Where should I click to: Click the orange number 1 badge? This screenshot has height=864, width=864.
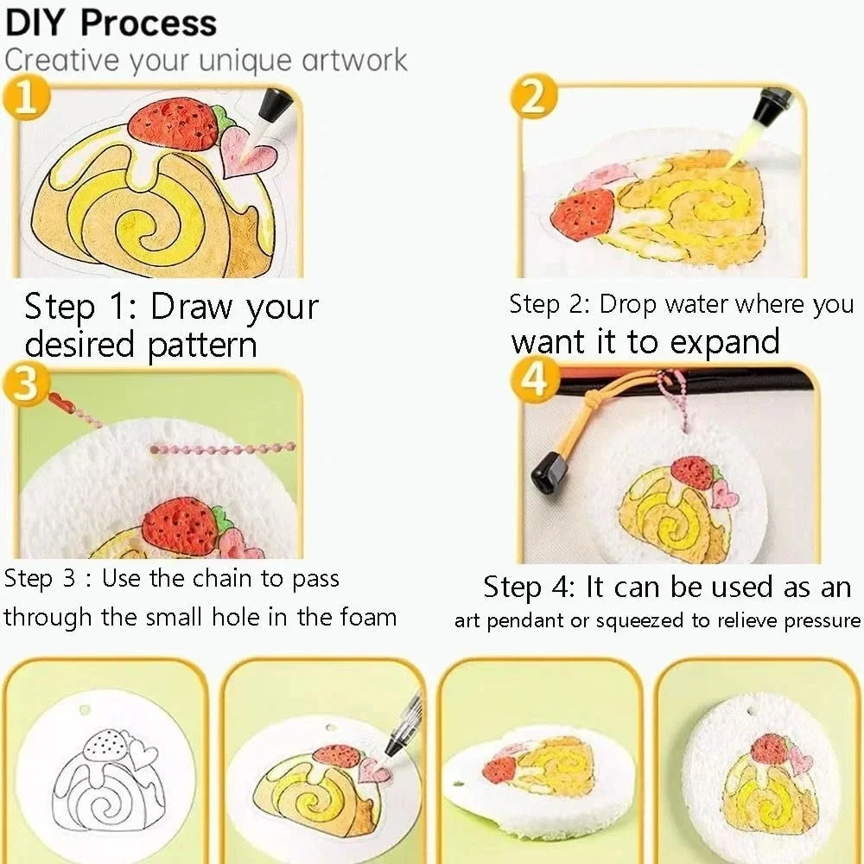26,98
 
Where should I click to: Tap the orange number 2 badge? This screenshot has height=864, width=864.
534,98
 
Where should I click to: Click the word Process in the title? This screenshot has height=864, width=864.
149,23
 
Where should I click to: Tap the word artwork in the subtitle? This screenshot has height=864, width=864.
355,60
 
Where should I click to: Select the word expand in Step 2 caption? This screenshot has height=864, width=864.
725,342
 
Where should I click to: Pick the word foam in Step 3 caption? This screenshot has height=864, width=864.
368,616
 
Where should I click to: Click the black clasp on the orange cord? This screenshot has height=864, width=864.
550,473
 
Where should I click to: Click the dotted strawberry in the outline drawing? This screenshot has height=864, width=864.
105,745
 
